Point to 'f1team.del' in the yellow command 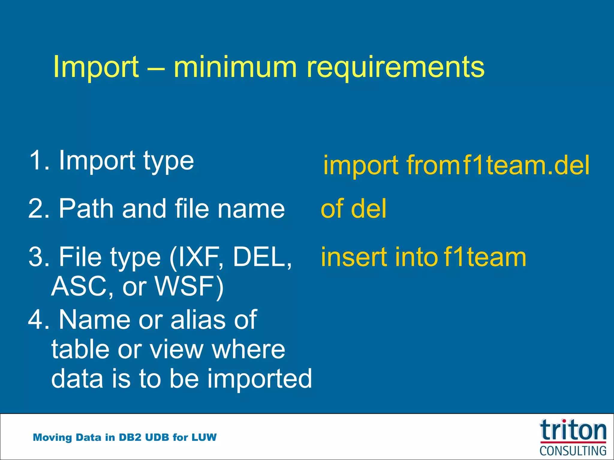coord(526,165)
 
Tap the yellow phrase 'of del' coord(354,209)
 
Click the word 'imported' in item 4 coord(260,379)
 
